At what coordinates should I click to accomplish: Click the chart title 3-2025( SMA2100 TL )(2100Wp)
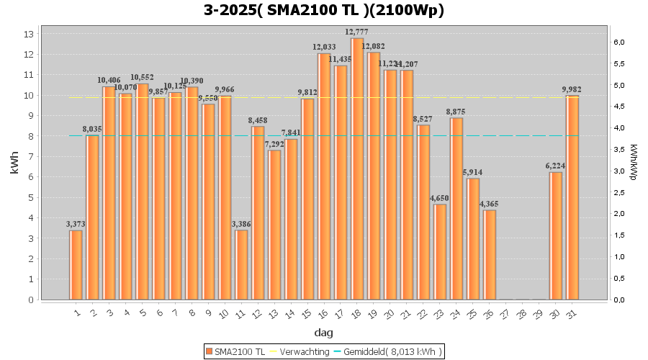[x=324, y=10]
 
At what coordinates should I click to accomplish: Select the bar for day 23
[x=440, y=251]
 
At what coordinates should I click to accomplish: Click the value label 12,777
[x=358, y=32]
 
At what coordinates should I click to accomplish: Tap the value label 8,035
[x=92, y=129]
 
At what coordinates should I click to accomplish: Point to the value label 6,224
[x=556, y=166]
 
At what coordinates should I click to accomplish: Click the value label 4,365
[x=490, y=204]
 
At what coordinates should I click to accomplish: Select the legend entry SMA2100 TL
[x=235, y=351]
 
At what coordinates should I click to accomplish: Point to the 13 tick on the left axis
[x=29, y=34]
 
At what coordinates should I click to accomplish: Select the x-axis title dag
[x=324, y=333]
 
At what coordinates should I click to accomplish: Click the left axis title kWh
[x=14, y=166]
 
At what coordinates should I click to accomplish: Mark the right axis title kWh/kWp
[x=634, y=162]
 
